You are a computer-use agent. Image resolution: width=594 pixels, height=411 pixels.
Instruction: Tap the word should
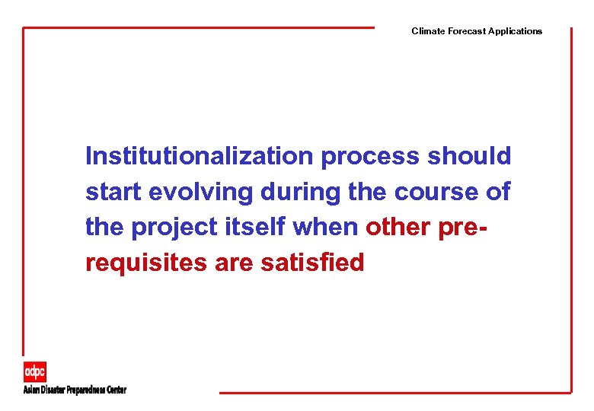pos(469,156)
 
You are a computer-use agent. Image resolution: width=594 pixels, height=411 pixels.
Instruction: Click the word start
pos(113,193)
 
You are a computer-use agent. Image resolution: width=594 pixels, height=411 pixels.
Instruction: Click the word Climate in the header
pos(427,31)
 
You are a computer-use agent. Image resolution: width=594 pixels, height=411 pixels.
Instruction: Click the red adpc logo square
pos(34,371)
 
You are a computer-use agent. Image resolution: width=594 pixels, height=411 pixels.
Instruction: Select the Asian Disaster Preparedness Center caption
pos(75,390)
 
